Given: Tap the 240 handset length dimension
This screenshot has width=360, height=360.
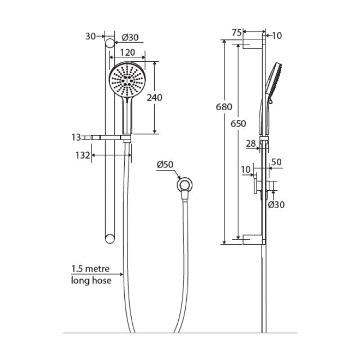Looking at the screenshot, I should tap(154, 97).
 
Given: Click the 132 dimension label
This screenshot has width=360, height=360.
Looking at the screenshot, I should tap(83, 155).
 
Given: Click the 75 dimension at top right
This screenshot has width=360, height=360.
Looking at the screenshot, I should tap(237, 33).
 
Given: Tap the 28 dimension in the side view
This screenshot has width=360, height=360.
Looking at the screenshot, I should tap(252, 144).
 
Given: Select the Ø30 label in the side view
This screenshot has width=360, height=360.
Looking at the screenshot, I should tap(276, 205).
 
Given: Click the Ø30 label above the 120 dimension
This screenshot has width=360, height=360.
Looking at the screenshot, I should tap(130, 38).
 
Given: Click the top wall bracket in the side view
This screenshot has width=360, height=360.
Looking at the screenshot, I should tap(254, 44).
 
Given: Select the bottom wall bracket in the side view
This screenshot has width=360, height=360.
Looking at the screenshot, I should tap(254, 241).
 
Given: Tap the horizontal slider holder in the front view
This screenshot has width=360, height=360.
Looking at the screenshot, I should tap(110, 137).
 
